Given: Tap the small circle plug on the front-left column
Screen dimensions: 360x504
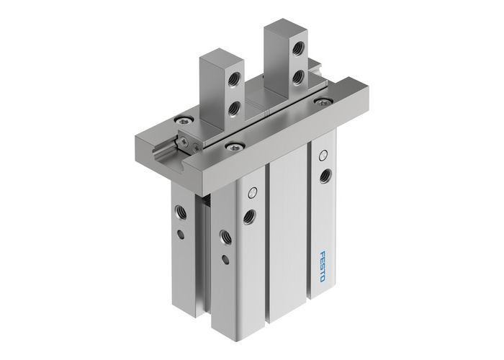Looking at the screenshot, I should click(x=251, y=192).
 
